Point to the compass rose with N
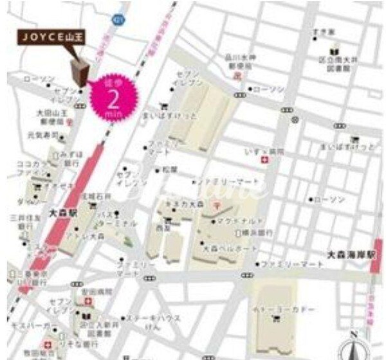[x=356, y=345]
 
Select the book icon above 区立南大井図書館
[x=333, y=51]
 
